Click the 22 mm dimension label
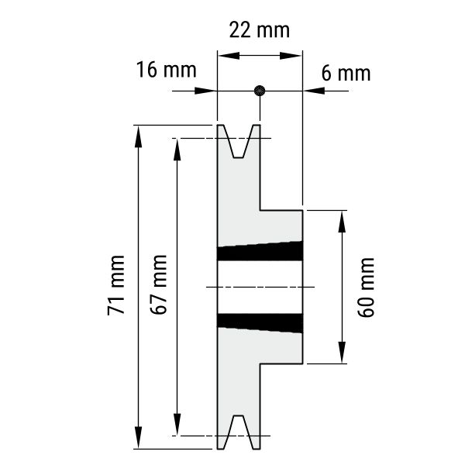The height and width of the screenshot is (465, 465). tap(260, 30)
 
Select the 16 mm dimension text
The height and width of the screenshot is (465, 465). tap(167, 70)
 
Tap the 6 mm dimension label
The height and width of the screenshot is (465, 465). tap(346, 74)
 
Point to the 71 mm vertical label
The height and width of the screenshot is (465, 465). tap(116, 285)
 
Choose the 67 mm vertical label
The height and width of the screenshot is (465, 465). tap(158, 284)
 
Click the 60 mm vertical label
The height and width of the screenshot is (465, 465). tap(366, 288)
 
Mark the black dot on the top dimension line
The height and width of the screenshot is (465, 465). tap(260, 91)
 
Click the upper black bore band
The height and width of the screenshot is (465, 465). tap(260, 251)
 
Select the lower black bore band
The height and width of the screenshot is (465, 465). tap(260, 323)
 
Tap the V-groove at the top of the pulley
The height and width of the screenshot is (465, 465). tap(239, 142)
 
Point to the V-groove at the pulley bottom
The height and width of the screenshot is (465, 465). tap(239, 432)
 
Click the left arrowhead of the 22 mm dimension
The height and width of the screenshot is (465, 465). tap(229, 56)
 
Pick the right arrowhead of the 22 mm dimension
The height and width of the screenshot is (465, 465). tap(291, 56)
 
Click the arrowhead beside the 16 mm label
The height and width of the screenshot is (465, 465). tap(205, 91)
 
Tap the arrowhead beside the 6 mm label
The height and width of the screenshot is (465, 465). tap(314, 91)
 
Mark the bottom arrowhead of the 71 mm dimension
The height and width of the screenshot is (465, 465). tap(138, 437)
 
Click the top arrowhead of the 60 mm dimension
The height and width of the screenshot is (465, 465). tap(342, 222)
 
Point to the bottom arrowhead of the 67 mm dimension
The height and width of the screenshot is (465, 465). tap(177, 424)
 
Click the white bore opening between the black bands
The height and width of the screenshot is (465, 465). tap(260, 287)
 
